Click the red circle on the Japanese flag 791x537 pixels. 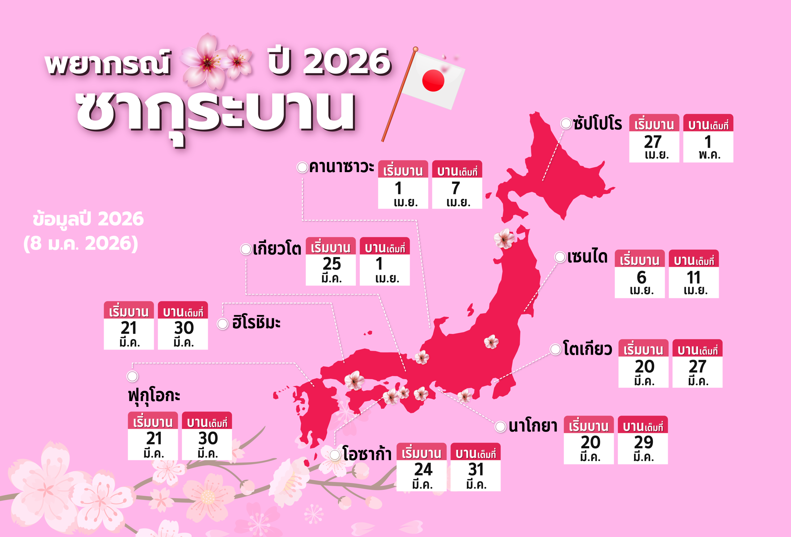433,80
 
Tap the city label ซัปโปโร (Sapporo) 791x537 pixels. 597,123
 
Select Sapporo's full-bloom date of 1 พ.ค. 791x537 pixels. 708,147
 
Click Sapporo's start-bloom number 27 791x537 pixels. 653,142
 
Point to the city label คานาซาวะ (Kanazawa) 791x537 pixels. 341,167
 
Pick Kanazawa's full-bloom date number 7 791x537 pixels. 456,188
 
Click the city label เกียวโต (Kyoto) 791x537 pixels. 277,249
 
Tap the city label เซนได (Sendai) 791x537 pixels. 587,256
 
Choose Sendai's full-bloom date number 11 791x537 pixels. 694,278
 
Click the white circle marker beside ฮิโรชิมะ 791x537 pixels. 222,323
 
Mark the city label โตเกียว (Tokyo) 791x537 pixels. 587,349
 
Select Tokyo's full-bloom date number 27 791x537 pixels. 697,366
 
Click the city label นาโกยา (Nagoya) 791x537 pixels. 533,426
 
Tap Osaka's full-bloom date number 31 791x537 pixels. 476,470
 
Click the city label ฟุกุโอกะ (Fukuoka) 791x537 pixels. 154,396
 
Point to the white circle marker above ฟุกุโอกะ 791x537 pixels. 133,376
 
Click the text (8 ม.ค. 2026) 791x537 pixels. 81,243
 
